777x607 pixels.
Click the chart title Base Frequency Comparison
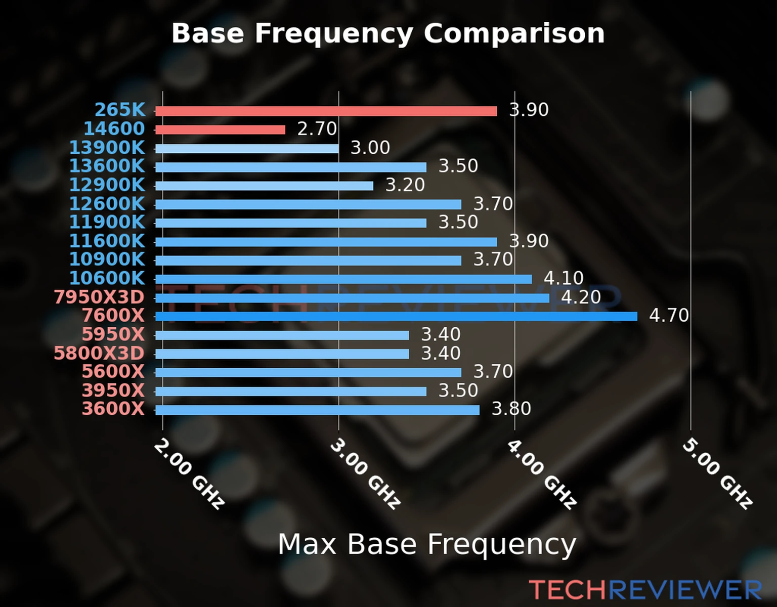click(x=388, y=34)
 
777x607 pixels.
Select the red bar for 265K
click(x=326, y=111)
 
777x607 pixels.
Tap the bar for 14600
click(x=220, y=130)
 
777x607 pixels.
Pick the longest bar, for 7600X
click(x=396, y=317)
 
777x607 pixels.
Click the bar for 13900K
click(x=247, y=149)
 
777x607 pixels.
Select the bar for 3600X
click(x=317, y=410)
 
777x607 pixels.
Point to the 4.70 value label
click(x=669, y=316)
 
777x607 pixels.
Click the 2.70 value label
click(x=317, y=129)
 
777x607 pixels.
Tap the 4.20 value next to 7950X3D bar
click(x=581, y=297)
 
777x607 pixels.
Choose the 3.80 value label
click(x=511, y=409)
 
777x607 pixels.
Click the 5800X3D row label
click(x=99, y=353)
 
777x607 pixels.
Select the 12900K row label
click(x=107, y=185)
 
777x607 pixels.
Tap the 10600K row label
click(x=107, y=278)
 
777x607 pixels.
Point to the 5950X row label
click(x=113, y=334)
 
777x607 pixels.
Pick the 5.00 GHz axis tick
click(x=717, y=473)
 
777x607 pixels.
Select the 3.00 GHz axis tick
click(x=365, y=473)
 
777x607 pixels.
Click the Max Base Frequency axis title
click(x=427, y=545)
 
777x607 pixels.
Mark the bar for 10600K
click(x=343, y=279)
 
